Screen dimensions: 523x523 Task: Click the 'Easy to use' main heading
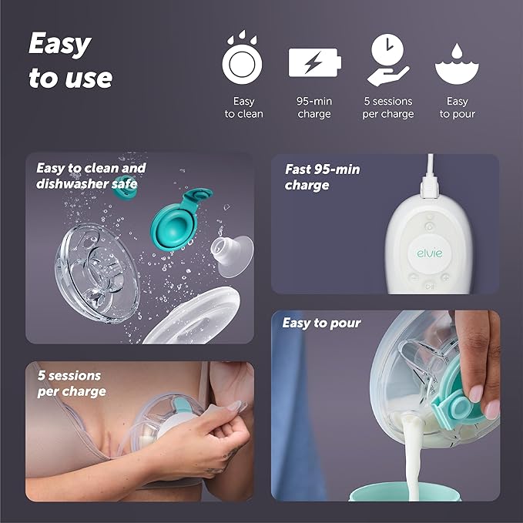tap(71, 61)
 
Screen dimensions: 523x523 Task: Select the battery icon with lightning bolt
tap(314, 62)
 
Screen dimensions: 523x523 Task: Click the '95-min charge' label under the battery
tap(313, 108)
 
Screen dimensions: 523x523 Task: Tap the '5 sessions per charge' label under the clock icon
tap(387, 108)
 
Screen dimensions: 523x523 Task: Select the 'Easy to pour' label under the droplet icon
tap(457, 108)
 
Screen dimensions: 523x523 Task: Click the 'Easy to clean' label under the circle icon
tap(243, 108)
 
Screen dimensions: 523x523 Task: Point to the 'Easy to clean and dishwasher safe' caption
tap(91, 176)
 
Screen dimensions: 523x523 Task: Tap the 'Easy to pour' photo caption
tap(321, 323)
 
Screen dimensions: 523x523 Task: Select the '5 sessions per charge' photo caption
tap(72, 383)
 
